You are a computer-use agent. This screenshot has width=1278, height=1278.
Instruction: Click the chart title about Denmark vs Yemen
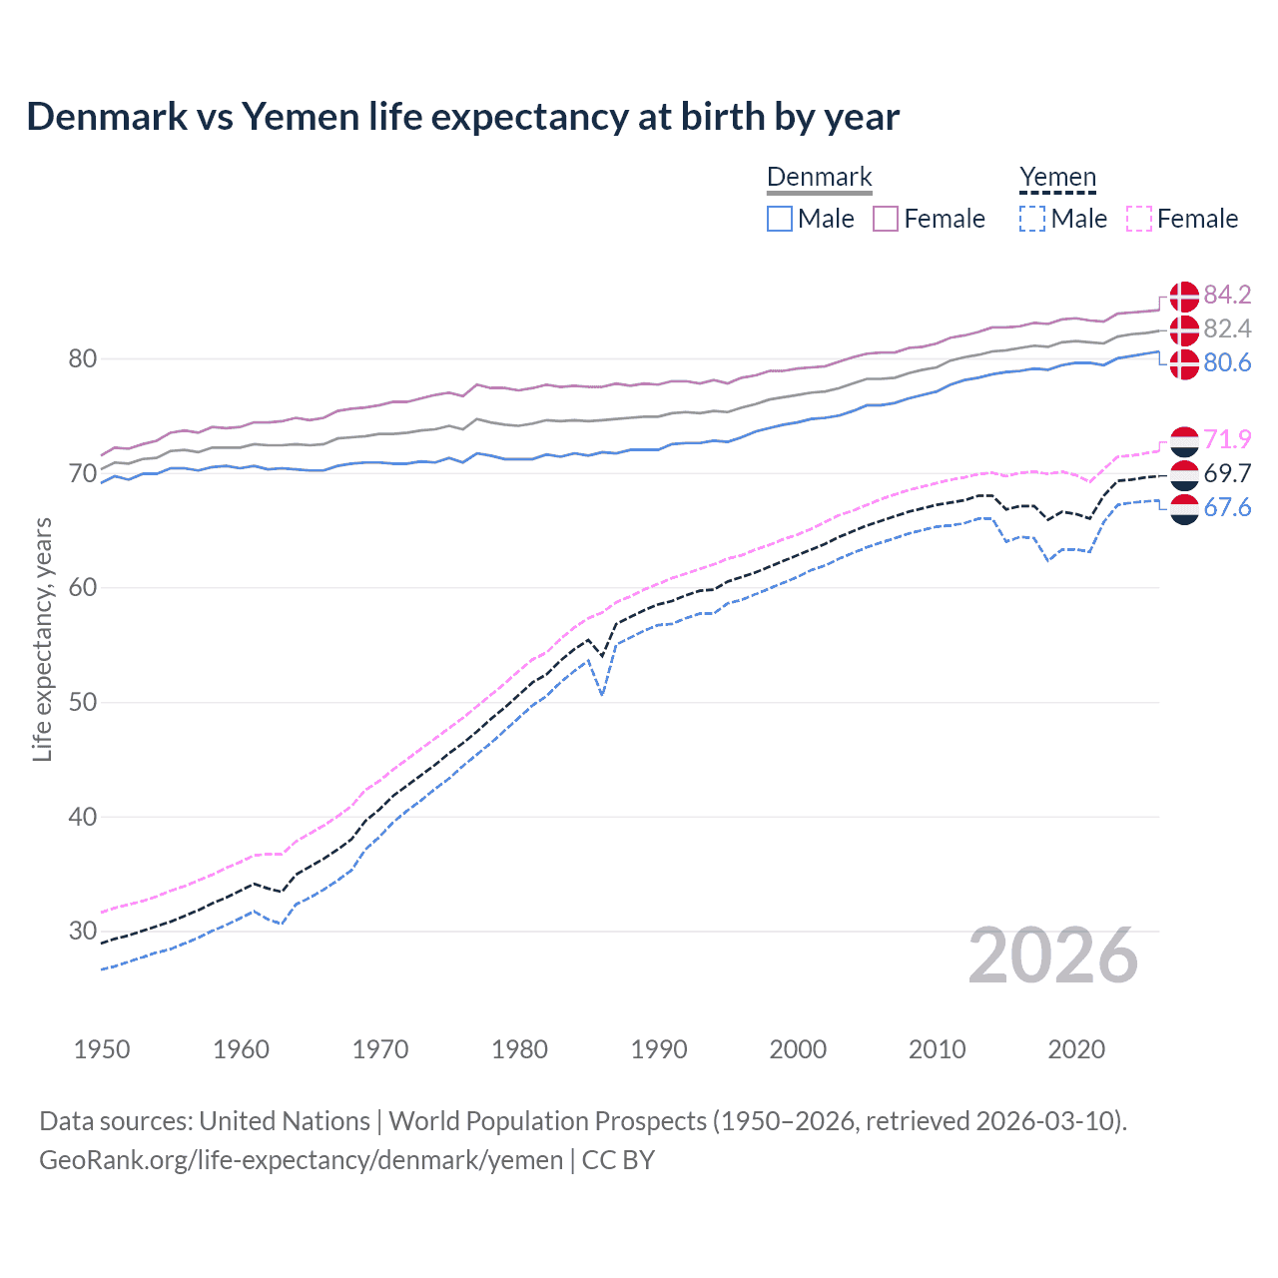462,117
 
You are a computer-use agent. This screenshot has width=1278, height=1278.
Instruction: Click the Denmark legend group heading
819,177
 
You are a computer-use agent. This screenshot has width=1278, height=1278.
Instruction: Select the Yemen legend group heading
1057,177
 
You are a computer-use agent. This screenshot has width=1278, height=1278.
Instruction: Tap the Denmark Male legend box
780,219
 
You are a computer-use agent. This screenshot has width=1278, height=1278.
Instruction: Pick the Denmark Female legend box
887,219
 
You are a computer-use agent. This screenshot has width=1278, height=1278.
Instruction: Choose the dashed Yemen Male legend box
1032,219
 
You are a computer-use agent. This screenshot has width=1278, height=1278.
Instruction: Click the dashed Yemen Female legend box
1139,219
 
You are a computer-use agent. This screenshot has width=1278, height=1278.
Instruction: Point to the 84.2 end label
1227,295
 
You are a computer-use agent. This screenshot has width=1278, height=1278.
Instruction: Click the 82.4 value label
1227,328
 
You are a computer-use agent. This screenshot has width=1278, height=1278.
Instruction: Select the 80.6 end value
1227,362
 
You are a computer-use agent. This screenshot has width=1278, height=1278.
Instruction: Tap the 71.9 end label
1227,439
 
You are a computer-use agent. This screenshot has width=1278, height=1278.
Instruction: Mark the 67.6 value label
1227,507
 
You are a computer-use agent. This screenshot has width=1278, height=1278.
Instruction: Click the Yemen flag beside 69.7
1184,473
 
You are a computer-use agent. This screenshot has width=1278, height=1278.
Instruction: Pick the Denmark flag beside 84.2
1184,296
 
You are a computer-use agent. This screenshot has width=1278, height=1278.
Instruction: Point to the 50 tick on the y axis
82,702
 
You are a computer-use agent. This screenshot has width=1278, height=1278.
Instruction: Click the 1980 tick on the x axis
519,1049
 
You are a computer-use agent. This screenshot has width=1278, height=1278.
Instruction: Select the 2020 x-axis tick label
1076,1049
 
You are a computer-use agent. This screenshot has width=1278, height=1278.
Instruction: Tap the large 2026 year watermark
1053,957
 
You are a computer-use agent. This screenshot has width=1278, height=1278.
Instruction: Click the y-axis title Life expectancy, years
42,639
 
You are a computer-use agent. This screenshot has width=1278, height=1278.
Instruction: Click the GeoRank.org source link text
301,1159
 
